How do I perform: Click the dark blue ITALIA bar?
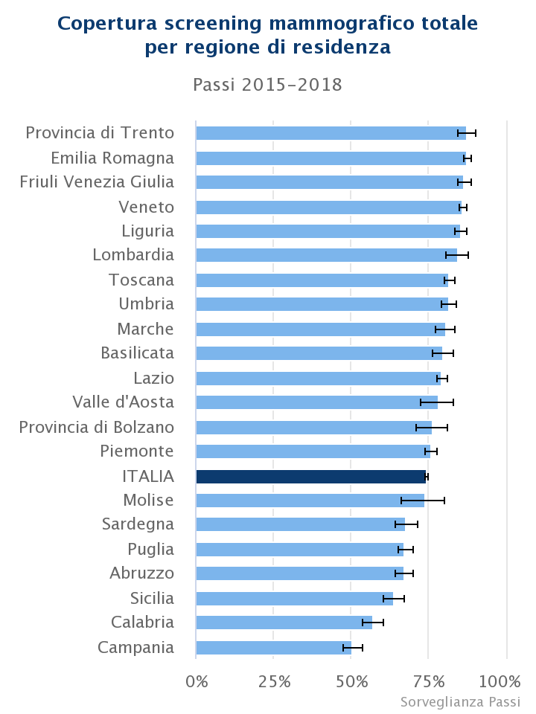point(311,477)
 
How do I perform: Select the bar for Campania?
point(273,648)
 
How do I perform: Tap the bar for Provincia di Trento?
point(331,133)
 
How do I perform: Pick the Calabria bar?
point(284,623)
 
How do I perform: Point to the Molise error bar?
point(423,501)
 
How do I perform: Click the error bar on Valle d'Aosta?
point(437,402)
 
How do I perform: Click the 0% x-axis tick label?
point(197,681)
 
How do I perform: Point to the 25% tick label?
point(274,681)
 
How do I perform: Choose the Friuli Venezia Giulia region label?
point(97,182)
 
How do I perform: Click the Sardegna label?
point(138,524)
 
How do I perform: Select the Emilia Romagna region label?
point(112,158)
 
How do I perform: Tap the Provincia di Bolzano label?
point(97,427)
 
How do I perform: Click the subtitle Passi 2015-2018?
point(267,85)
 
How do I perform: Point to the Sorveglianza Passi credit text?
point(460,702)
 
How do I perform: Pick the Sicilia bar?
point(294,599)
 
